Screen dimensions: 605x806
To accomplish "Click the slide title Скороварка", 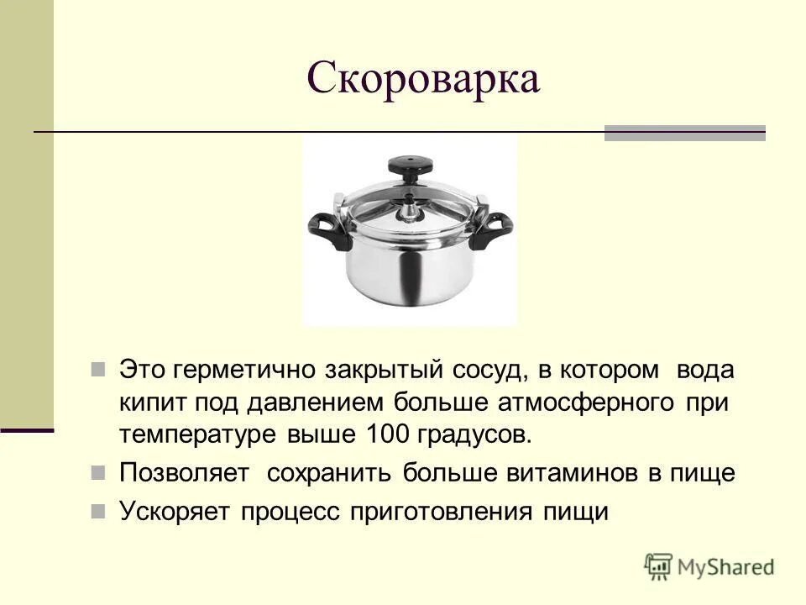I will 422,80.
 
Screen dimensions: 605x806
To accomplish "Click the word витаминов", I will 570,473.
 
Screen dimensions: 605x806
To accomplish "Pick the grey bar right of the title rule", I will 684,133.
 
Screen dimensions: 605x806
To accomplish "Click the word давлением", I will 310,402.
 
